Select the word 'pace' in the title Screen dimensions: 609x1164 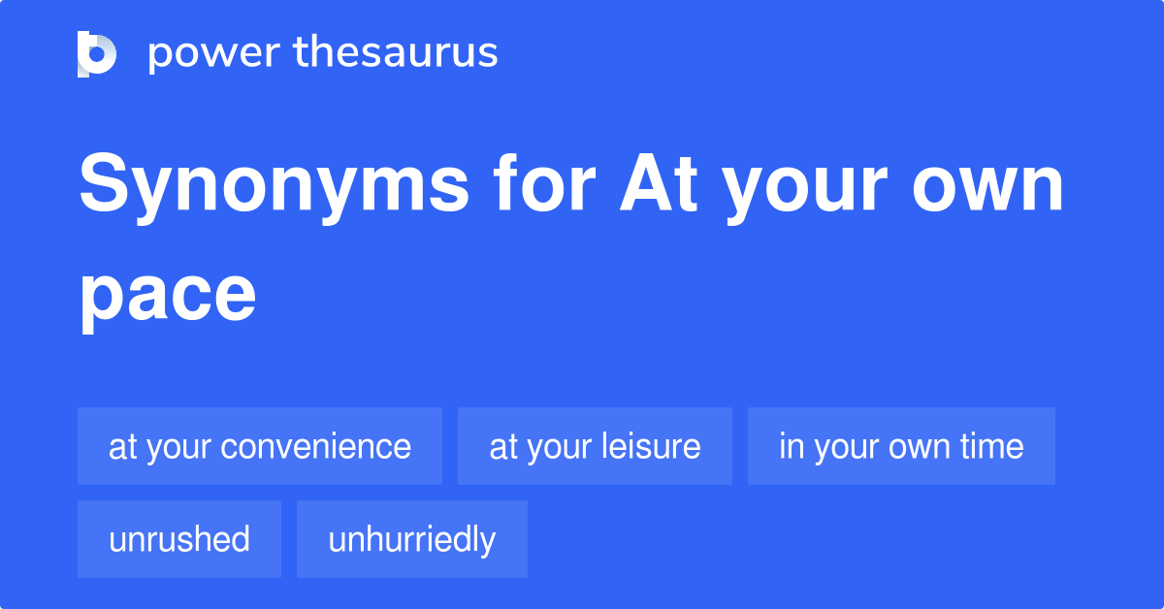(168, 296)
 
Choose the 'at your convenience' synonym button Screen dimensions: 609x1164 (260, 446)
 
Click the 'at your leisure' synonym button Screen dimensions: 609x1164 (595, 446)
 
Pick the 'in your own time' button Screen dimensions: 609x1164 (901, 446)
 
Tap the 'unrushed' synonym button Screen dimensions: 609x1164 (179, 539)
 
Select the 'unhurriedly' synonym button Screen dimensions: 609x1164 (412, 539)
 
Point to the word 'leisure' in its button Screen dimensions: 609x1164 (654, 447)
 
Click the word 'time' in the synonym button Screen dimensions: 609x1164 (992, 447)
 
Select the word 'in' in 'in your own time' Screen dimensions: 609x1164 (792, 447)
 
